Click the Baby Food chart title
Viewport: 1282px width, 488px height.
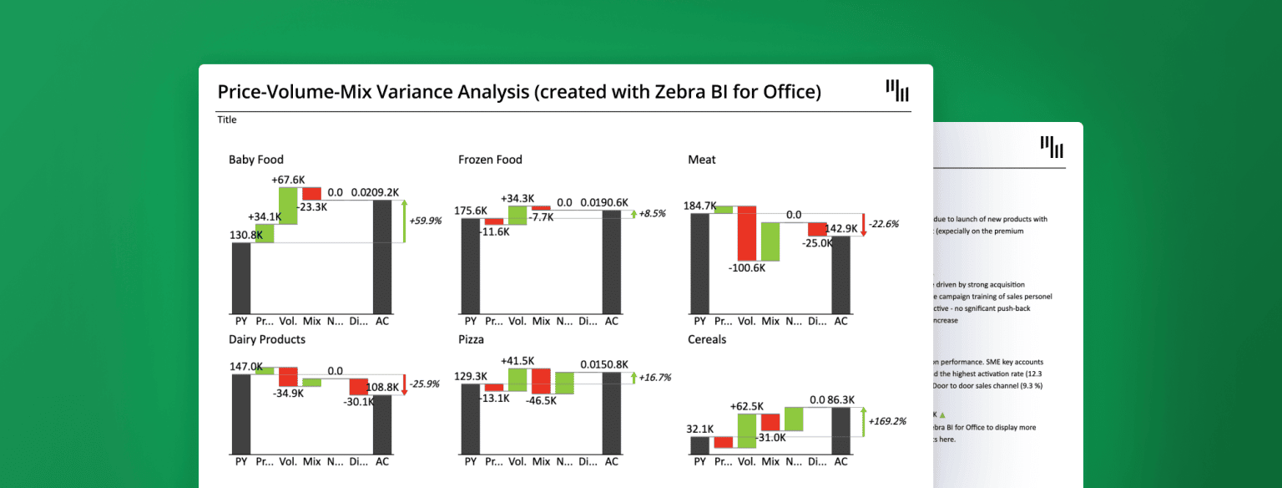(x=255, y=160)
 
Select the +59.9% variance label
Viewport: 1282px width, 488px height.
(x=425, y=221)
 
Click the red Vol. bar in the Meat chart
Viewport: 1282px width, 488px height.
(x=746, y=233)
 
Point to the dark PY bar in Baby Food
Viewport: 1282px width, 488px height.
(x=241, y=277)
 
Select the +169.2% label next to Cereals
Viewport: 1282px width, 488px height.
(x=887, y=421)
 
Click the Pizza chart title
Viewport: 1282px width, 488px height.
(x=471, y=340)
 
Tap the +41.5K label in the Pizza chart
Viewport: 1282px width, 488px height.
(x=518, y=360)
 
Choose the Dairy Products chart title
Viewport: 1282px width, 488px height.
(x=267, y=340)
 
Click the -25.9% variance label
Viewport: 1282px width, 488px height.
(x=426, y=384)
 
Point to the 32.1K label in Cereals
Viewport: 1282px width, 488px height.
(x=699, y=429)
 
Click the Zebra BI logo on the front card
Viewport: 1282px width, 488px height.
(x=897, y=90)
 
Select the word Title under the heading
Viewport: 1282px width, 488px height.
(x=227, y=120)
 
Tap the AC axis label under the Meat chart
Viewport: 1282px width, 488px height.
(x=840, y=321)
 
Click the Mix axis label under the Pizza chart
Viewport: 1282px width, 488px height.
(x=541, y=461)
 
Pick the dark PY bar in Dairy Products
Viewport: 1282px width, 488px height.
(x=241, y=414)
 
